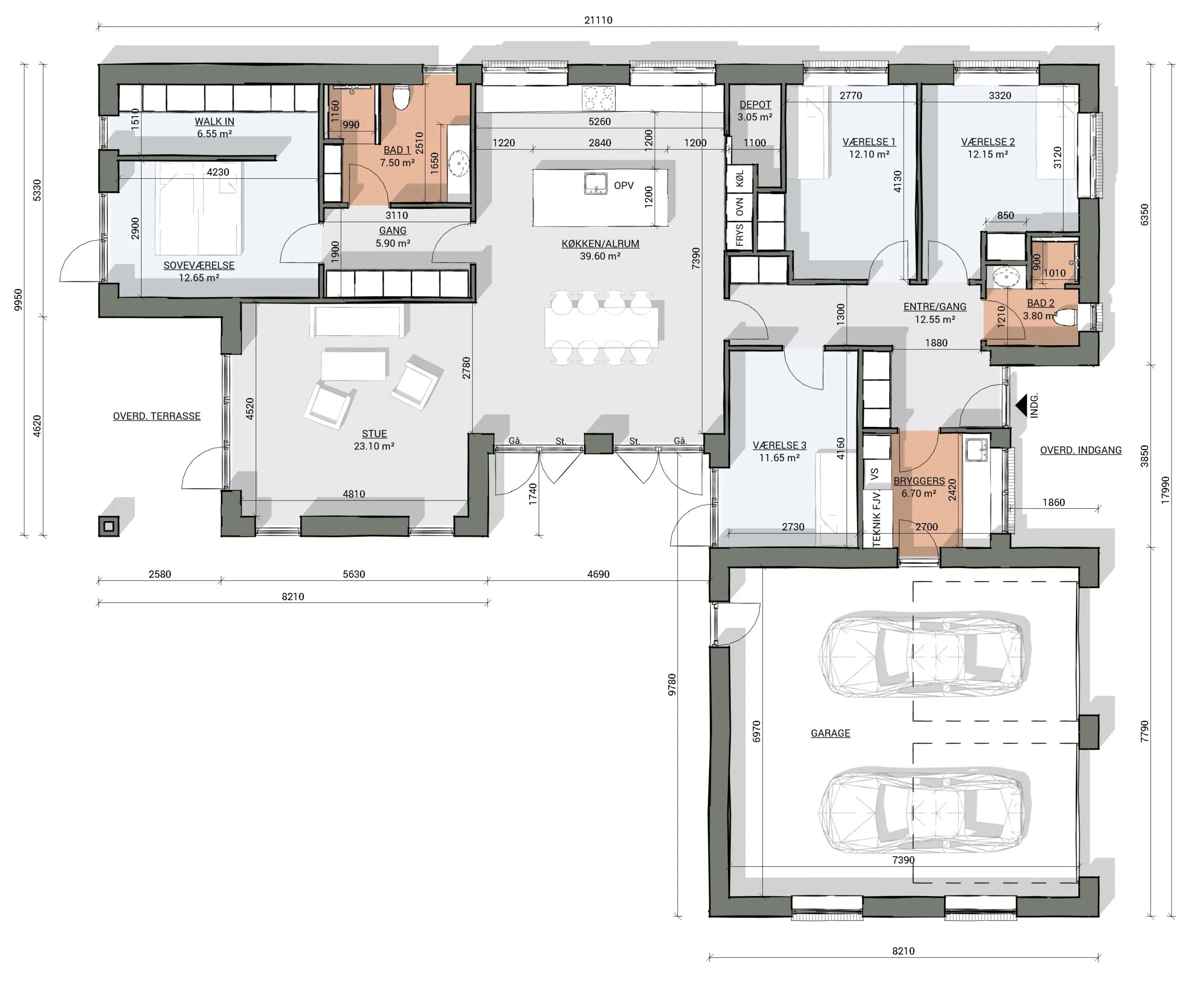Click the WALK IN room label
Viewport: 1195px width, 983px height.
[214, 121]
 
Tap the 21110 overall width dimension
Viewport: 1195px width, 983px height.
[598, 20]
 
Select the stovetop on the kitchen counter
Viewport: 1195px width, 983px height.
[598, 98]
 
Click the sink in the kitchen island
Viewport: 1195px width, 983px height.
[596, 184]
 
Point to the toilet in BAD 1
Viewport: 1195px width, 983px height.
[402, 97]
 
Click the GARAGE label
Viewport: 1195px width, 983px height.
[830, 733]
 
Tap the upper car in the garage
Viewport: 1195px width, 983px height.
[923, 653]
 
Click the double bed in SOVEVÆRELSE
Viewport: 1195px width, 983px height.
[199, 208]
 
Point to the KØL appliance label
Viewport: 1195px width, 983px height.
[740, 179]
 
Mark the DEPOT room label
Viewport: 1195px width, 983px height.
[755, 105]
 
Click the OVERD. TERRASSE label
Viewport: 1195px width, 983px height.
[156, 416]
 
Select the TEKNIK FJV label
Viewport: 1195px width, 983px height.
[877, 519]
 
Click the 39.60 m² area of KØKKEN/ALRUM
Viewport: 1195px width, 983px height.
[600, 256]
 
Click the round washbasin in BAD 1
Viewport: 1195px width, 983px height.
[458, 163]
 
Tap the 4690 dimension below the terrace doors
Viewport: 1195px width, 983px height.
[598, 574]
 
